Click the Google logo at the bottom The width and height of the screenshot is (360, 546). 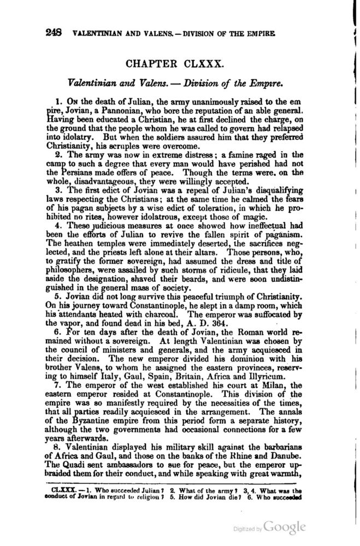pyautogui.click(x=284, y=527)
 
